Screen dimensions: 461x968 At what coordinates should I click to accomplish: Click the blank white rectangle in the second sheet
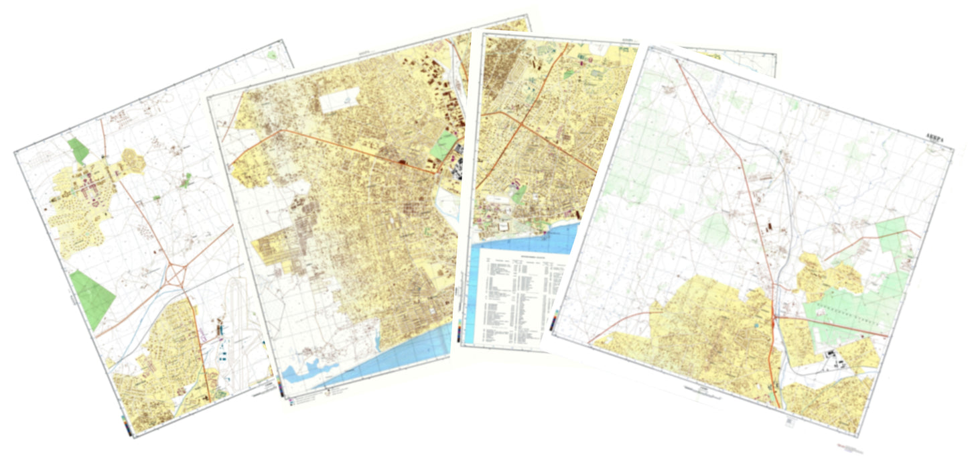[340, 101]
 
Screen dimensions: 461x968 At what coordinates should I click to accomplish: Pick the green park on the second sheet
[443, 145]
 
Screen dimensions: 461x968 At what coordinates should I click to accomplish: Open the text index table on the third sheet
[519, 295]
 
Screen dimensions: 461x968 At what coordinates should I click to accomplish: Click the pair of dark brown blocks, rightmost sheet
[768, 228]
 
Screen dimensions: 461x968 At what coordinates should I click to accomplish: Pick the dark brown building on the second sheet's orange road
[402, 161]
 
